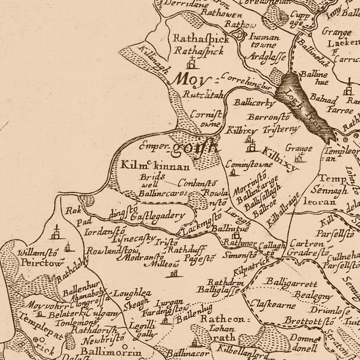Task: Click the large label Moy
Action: click(189, 80)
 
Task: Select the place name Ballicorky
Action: click(255, 103)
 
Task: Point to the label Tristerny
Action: click(281, 129)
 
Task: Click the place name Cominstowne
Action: click(249, 164)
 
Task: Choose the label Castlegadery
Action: click(158, 216)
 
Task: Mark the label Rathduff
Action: click(182, 250)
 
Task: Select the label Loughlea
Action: click(132, 293)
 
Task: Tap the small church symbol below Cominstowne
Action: click(233, 172)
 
